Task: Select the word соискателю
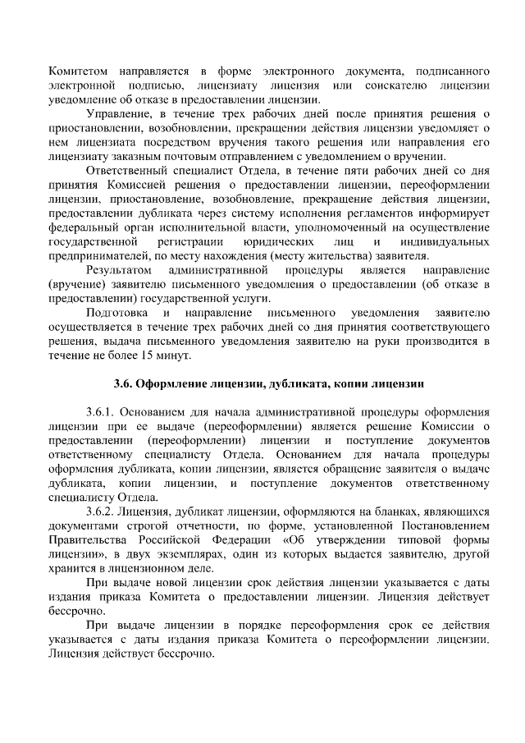click(x=398, y=85)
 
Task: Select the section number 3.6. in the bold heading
click(x=122, y=384)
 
